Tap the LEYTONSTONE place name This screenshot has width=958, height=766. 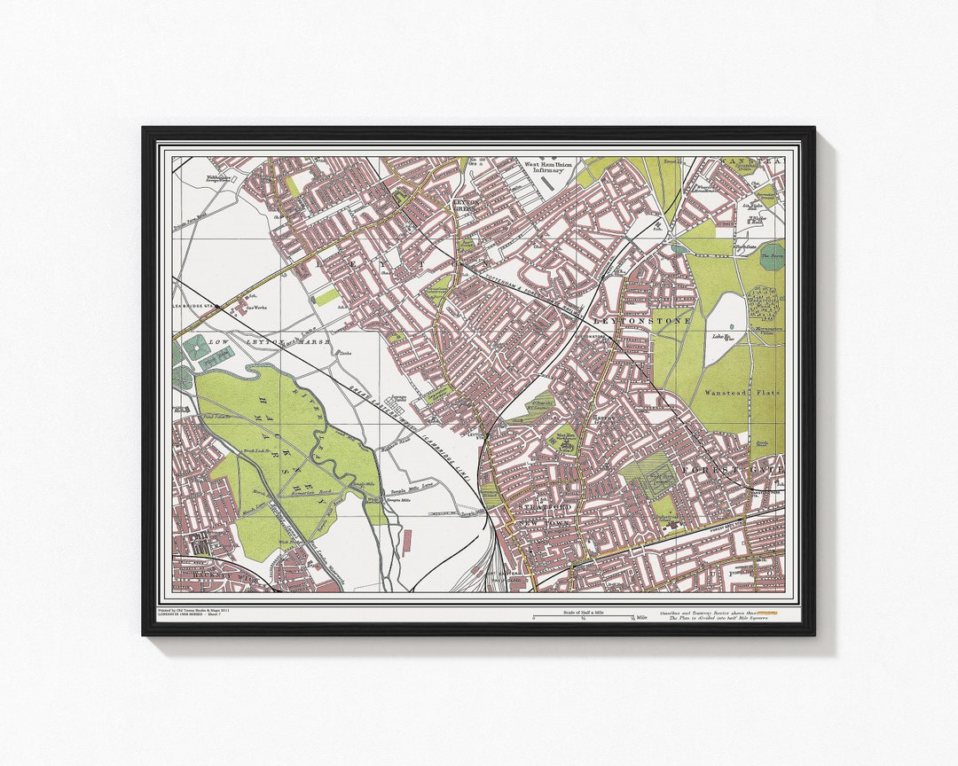642,320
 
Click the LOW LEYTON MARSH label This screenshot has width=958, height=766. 269,341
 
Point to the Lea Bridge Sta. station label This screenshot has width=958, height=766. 195,307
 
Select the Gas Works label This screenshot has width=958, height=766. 256,309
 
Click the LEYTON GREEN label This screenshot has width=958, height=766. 467,205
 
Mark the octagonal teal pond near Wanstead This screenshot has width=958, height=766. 772,256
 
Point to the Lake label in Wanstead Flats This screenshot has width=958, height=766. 718,336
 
